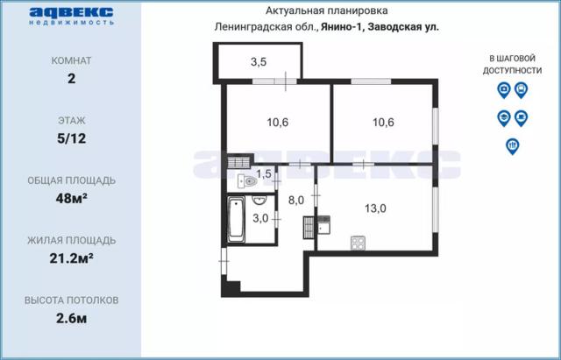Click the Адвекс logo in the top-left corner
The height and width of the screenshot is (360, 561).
72,17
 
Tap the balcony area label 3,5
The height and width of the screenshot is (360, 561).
259,62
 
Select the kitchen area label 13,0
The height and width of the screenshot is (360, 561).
375,208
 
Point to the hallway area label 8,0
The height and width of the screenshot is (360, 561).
296,201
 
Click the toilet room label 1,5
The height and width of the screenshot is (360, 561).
264,174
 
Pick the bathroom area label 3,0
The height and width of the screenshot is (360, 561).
260,218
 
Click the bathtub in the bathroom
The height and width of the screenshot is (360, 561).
236,220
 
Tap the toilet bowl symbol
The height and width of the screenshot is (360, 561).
248,182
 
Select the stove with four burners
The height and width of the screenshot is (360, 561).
358,243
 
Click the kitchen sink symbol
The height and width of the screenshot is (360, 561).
323,224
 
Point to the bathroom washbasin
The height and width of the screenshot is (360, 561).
259,201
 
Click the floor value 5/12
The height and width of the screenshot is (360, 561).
72,138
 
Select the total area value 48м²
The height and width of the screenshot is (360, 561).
72,198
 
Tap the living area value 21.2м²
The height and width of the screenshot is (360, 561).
72,258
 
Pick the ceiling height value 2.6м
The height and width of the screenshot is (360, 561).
72,318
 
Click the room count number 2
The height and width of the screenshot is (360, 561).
72,78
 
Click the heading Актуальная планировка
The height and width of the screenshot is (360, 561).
326,11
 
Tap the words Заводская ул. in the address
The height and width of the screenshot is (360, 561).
403,27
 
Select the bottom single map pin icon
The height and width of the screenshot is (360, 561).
513,146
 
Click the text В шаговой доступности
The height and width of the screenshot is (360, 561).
512,64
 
